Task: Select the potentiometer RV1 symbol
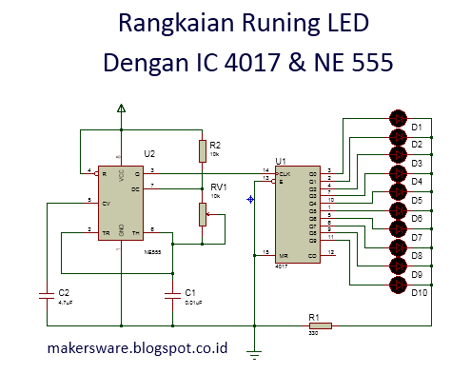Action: point(202,214)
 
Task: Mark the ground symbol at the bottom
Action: point(254,353)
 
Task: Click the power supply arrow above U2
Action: point(121,110)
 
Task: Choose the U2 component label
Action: point(148,152)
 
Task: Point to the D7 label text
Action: point(417,237)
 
